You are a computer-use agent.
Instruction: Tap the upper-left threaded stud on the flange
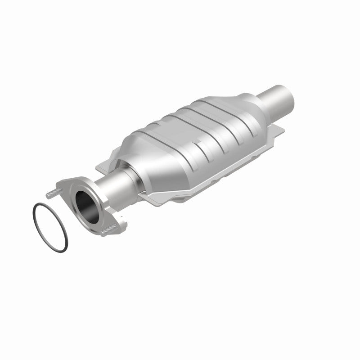pos(51,193)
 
